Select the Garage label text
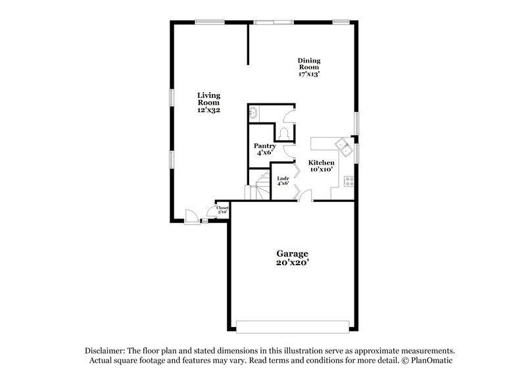291,253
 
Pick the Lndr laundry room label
283,178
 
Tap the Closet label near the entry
222,208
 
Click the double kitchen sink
341,144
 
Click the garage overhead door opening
292,326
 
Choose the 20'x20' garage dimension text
291,262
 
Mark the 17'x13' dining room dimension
308,74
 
